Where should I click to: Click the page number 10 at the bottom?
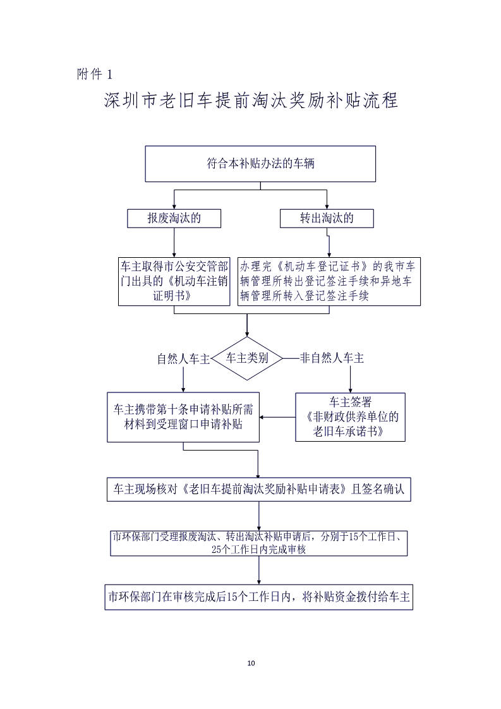[x=251, y=663]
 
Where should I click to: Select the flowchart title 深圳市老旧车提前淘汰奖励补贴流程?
[x=251, y=101]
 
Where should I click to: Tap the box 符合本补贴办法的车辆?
[x=260, y=164]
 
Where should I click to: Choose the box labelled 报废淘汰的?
[x=174, y=219]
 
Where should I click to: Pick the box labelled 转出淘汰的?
[x=327, y=219]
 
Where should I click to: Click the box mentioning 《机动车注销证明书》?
[x=174, y=281]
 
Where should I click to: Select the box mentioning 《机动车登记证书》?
[x=329, y=281]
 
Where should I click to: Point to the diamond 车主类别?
[x=247, y=358]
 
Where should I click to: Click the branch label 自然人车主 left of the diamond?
[x=183, y=359]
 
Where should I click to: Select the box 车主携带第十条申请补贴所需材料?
[x=183, y=417]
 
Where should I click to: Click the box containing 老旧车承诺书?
[x=349, y=417]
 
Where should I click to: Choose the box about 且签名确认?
[x=259, y=489]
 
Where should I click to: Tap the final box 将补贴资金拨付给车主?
[x=259, y=597]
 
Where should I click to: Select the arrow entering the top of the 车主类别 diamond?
[x=247, y=325]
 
